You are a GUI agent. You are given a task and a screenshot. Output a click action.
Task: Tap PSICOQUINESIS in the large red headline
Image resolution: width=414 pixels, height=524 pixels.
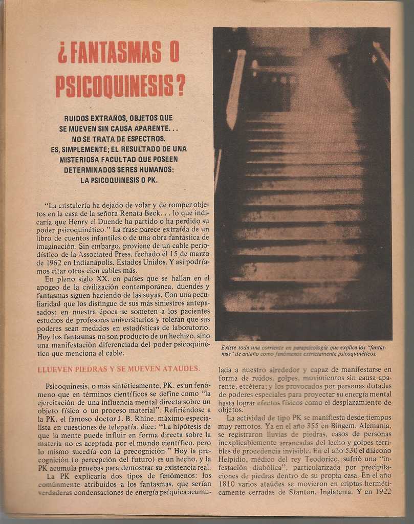click(x=115, y=85)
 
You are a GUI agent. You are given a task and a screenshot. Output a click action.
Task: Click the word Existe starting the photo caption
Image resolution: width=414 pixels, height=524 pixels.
click(x=230, y=347)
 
